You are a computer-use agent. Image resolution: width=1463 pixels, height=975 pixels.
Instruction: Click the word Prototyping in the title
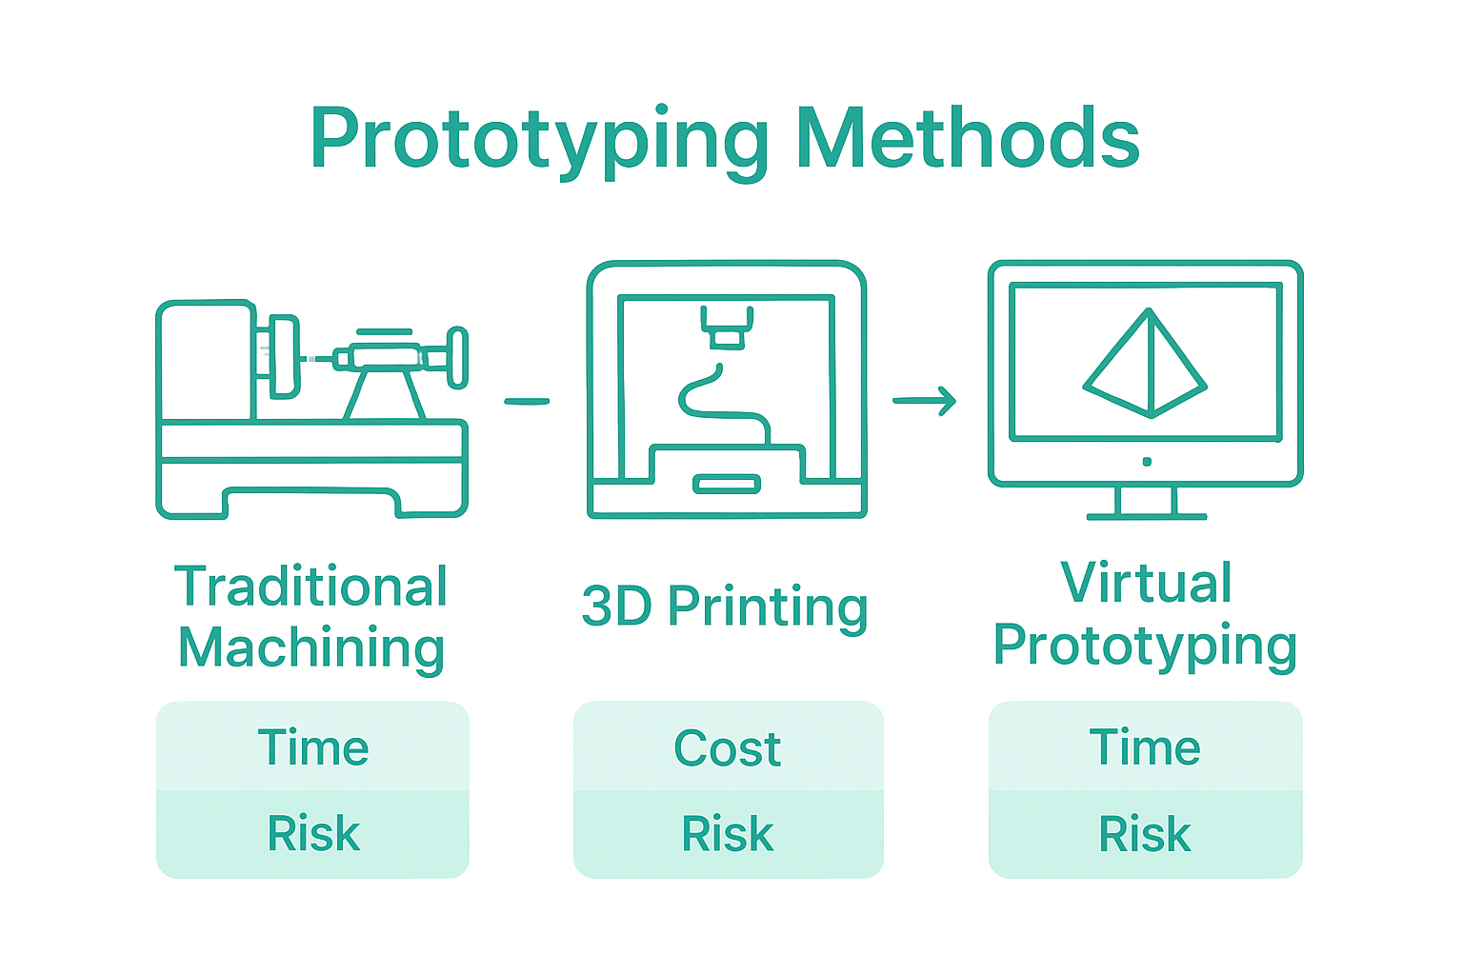[x=538, y=141]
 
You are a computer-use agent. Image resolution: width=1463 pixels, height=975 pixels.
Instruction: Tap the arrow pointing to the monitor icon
[x=924, y=401]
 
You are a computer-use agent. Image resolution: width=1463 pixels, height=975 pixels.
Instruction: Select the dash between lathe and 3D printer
[x=527, y=402]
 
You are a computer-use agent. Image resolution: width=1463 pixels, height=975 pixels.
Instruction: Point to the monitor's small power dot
[x=1147, y=462]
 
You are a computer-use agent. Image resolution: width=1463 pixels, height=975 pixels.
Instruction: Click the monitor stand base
[x=1147, y=516]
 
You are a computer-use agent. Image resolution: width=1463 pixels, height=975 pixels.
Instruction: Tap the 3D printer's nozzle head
[x=727, y=328]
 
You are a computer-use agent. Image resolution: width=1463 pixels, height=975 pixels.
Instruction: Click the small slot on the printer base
[x=727, y=485]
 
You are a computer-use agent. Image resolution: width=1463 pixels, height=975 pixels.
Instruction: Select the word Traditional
[x=311, y=587]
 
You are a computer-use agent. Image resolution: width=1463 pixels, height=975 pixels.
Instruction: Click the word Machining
[x=311, y=648]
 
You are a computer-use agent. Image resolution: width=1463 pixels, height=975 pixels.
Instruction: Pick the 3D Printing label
[x=725, y=607]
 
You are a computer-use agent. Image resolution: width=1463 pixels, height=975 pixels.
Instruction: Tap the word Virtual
[x=1146, y=583]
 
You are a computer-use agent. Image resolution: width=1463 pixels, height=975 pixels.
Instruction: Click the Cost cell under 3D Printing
[x=728, y=748]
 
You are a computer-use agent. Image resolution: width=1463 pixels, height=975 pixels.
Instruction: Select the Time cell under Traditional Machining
[x=312, y=747]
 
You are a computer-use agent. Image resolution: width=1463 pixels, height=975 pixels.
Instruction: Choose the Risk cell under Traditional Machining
[x=312, y=834]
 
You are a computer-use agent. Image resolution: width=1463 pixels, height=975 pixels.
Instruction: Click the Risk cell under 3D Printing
[x=728, y=834]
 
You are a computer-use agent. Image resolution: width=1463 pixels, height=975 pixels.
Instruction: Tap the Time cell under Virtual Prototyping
[x=1145, y=747]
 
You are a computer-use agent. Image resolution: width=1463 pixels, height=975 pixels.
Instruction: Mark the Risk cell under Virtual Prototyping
[x=1145, y=834]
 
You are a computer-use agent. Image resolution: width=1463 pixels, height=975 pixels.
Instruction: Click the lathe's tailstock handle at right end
[x=458, y=358]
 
